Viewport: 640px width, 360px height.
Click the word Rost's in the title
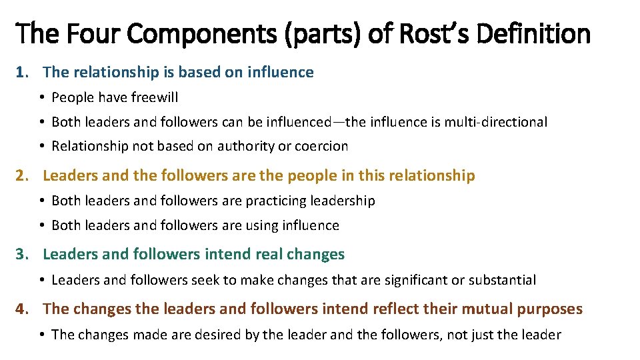click(436, 33)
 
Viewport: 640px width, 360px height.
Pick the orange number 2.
click(22, 176)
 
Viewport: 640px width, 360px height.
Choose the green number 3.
click(22, 254)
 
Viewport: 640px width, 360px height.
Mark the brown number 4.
click(22, 309)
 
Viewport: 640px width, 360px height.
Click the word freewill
click(155, 97)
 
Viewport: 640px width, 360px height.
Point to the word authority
click(247, 146)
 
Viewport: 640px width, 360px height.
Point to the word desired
click(235, 335)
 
